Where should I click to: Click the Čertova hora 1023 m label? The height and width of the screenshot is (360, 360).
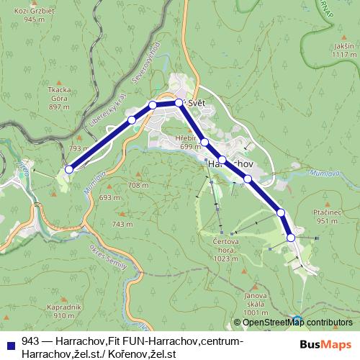[x=225, y=248]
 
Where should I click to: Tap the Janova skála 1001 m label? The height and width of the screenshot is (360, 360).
[x=256, y=303]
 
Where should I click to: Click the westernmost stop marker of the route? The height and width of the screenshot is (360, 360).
[x=69, y=169]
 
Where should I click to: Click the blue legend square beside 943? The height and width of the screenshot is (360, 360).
[x=11, y=342]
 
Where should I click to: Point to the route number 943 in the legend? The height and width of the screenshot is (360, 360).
[x=30, y=341]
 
